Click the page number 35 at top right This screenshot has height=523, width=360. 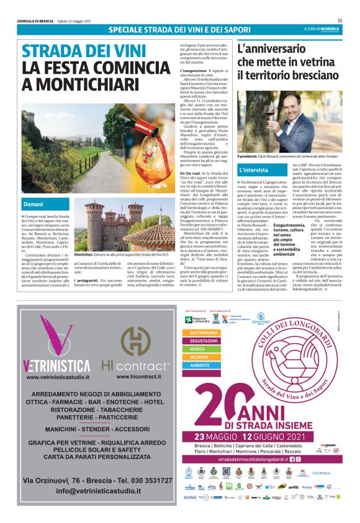[x=349, y=21]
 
